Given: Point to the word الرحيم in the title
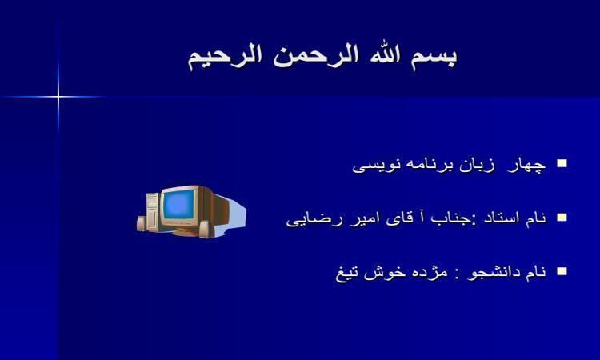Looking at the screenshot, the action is [226, 58].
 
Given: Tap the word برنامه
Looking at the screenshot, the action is [426, 166].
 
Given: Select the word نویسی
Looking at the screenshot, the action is [377, 166].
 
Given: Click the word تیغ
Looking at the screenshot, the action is [347, 274].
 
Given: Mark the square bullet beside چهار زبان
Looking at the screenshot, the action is [562, 163].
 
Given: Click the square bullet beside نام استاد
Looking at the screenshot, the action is [562, 218].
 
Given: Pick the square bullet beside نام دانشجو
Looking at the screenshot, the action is [562, 271].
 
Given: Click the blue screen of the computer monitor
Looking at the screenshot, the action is [178, 205].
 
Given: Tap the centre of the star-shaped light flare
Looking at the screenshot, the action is [58, 97].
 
